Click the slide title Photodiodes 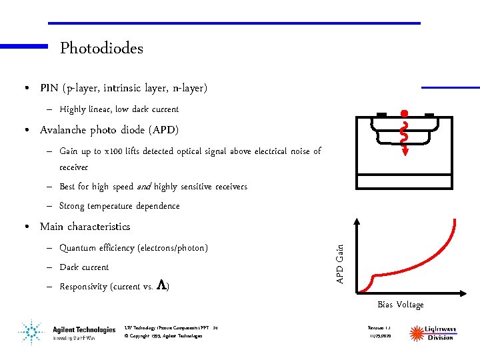click(x=101, y=48)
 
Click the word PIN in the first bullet click(x=49, y=88)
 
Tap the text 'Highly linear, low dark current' click(x=119, y=109)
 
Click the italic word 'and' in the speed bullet click(x=143, y=187)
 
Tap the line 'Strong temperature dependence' click(x=119, y=206)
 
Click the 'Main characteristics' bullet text click(x=85, y=227)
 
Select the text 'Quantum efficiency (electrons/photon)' click(x=133, y=248)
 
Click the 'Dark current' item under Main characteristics click(x=84, y=267)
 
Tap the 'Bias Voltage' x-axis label click(x=400, y=305)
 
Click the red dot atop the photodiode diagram click(x=404, y=113)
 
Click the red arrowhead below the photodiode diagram click(x=404, y=154)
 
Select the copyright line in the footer click(x=163, y=336)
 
